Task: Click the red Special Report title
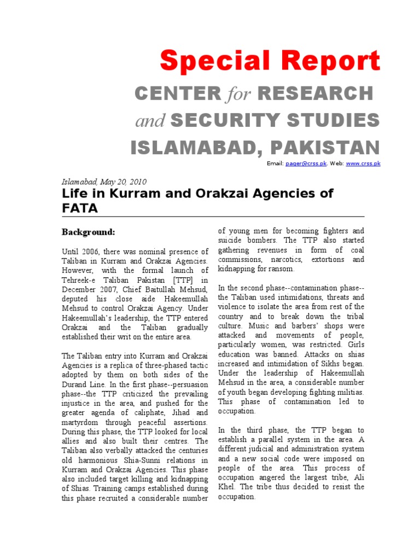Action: [270, 61]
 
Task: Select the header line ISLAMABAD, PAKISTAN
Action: [254, 147]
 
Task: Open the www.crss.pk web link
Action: [363, 164]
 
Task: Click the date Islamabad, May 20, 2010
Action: [103, 182]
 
